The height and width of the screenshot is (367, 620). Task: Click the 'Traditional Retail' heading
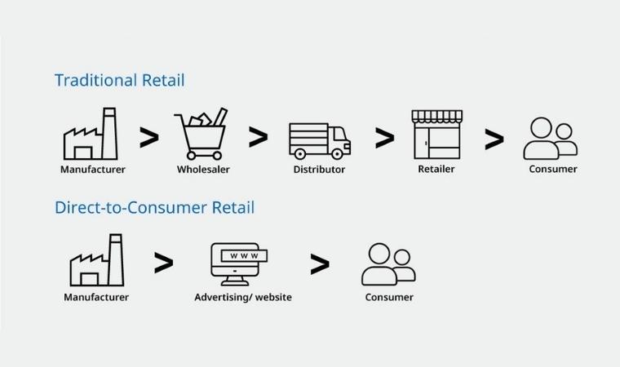(119, 80)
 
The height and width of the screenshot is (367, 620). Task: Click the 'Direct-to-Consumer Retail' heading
(154, 207)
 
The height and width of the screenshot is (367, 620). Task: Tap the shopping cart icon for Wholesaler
(200, 135)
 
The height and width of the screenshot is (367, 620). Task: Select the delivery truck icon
(320, 140)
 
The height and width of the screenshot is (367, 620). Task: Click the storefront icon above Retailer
(436, 135)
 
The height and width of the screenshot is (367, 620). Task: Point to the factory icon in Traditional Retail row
(91, 135)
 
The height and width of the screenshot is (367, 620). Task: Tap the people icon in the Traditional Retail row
(550, 139)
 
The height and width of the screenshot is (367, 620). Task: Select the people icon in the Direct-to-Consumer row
(388, 264)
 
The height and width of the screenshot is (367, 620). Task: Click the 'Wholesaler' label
(203, 170)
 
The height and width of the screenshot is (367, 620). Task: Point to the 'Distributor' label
(319, 170)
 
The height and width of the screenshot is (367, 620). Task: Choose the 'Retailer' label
(436, 169)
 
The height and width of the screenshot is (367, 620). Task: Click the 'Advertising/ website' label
(243, 297)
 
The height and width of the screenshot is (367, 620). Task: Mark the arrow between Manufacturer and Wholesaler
(148, 137)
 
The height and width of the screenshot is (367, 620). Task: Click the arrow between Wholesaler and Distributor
(258, 137)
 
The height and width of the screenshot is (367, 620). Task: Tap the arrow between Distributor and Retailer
(383, 138)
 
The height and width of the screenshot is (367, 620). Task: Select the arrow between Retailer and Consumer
(494, 139)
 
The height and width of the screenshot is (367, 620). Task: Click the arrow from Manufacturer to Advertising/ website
(163, 263)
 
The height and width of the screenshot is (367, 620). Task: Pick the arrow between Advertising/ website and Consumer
(320, 263)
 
